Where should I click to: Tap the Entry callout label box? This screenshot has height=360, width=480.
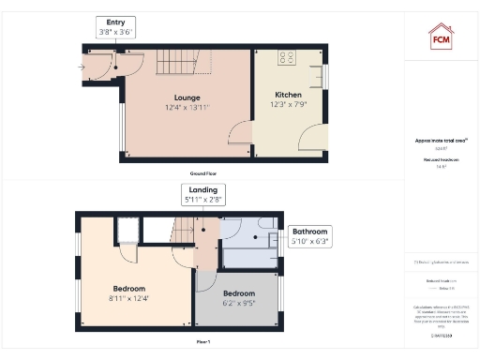tap(116, 26)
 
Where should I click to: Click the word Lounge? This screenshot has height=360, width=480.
tap(187, 97)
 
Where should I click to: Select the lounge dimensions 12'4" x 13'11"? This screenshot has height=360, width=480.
tap(187, 107)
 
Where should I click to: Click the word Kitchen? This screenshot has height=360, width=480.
tap(287, 96)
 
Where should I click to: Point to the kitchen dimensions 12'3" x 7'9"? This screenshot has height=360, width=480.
tap(287, 105)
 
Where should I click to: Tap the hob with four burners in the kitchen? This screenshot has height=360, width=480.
tap(287, 58)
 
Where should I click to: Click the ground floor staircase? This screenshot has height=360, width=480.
tap(175, 64)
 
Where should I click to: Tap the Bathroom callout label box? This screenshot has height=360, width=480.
tap(309, 235)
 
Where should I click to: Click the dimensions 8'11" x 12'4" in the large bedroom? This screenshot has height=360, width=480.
tap(129, 298)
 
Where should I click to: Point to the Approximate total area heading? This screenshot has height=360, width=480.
tap(442, 141)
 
